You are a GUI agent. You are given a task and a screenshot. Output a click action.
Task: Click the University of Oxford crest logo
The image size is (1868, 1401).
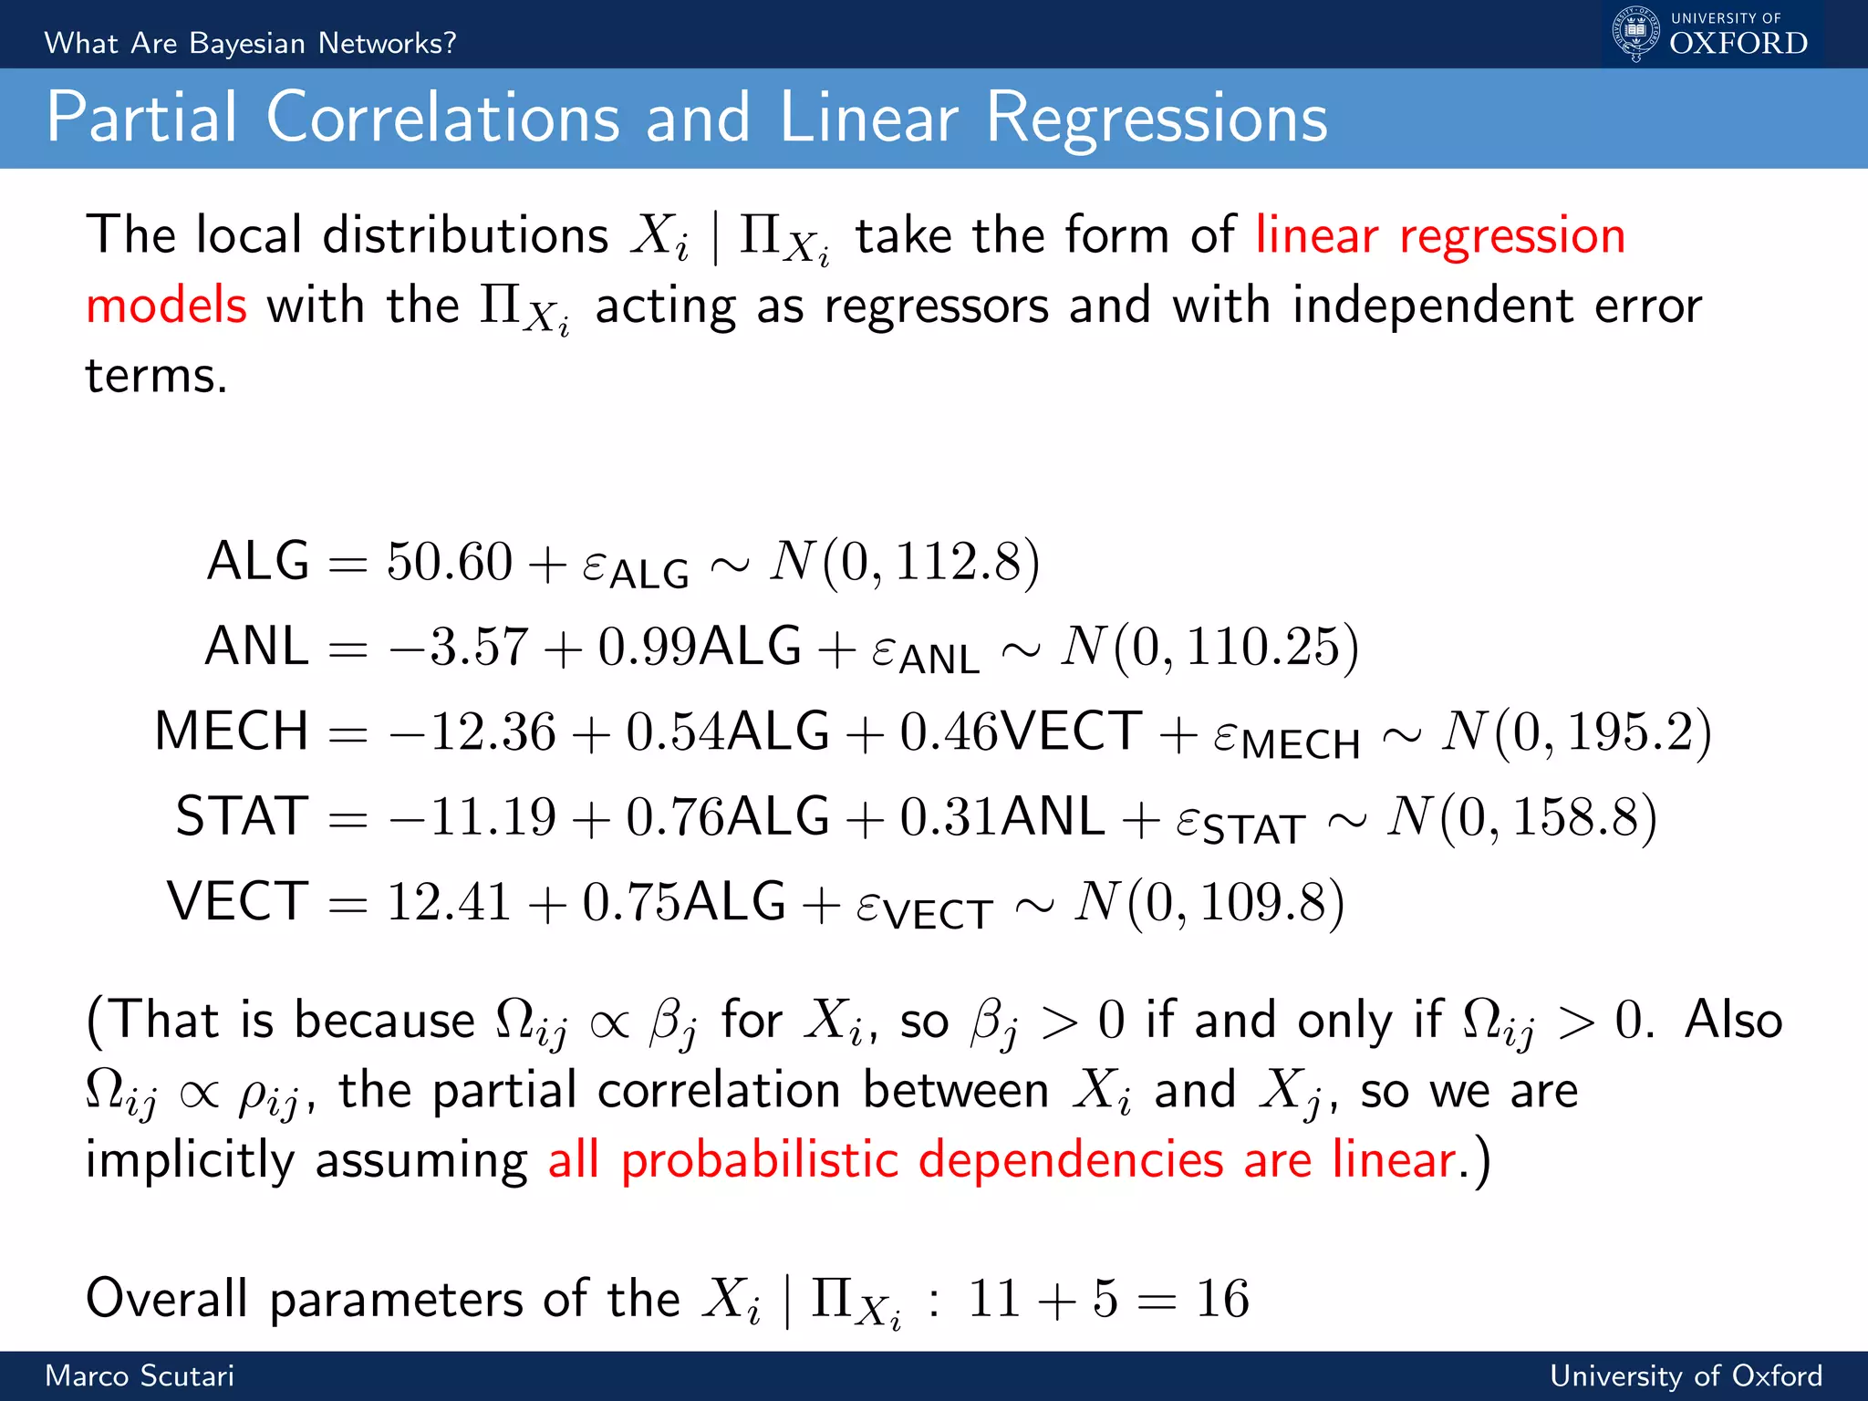coord(1636,34)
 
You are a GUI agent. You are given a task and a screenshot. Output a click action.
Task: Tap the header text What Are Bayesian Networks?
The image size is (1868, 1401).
coord(250,43)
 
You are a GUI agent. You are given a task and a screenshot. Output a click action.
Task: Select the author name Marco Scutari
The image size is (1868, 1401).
coord(140,1375)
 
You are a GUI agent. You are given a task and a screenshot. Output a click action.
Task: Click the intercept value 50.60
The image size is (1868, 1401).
coord(449,561)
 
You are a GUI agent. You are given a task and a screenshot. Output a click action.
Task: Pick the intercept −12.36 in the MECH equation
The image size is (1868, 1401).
coord(472,732)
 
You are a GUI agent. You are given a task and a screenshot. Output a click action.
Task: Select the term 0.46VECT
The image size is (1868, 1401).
coord(1021,732)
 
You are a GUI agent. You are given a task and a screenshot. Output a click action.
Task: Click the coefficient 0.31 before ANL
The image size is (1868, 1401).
coord(949,816)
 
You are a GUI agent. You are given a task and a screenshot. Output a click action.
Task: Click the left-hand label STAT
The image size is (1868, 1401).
coord(242,816)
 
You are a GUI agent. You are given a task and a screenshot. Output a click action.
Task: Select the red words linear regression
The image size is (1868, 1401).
coord(1439,235)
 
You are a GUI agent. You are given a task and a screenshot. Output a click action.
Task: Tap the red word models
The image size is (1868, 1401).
coord(166,306)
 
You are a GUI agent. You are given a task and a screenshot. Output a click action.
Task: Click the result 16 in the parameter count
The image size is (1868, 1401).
coord(1222,1298)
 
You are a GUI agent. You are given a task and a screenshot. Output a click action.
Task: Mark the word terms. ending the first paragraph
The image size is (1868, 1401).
coord(156,376)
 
